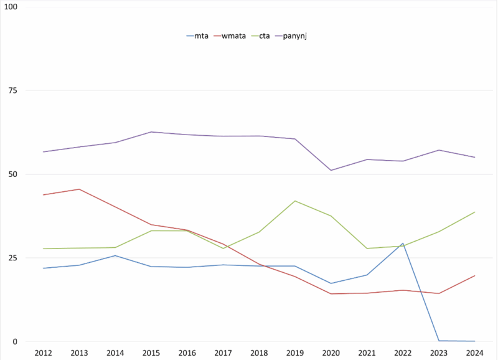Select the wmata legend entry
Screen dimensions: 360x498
click(232, 36)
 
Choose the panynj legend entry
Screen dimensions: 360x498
click(296, 36)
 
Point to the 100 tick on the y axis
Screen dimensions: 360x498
click(11, 7)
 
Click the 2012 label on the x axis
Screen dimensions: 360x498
click(43, 353)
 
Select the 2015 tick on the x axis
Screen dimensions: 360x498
click(151, 353)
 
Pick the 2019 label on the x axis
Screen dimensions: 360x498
click(295, 353)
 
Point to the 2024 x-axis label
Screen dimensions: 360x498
click(475, 353)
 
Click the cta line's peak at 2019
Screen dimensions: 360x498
click(295, 201)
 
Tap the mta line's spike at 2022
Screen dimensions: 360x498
click(403, 244)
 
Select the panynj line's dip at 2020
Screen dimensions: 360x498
click(331, 170)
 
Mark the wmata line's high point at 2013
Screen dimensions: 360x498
click(79, 189)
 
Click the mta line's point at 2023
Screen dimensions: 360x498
click(439, 341)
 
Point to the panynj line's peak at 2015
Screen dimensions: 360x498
click(151, 132)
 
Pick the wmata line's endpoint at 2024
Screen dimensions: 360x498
click(475, 275)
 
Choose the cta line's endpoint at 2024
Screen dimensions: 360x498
click(475, 212)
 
